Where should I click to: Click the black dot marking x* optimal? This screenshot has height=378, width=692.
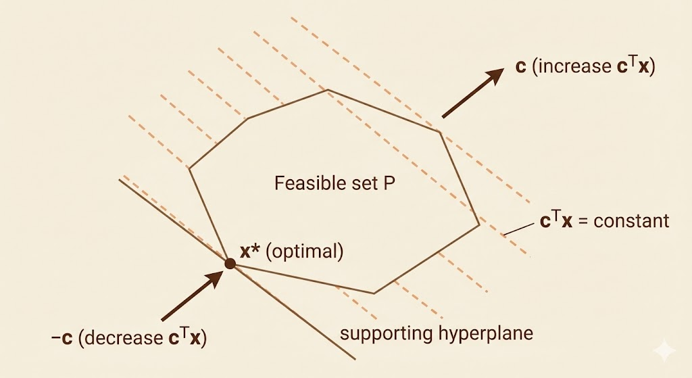[230, 264]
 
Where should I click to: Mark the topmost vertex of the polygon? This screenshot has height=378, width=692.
[328, 90]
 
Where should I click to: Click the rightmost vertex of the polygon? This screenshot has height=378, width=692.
[479, 224]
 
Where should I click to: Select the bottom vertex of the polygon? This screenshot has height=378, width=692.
[374, 293]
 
